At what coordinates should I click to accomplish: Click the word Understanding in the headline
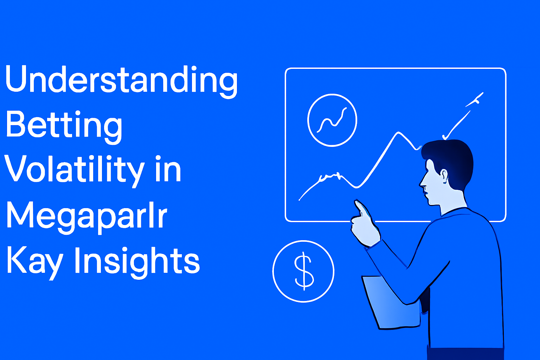(x=121, y=82)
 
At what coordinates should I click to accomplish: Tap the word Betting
(x=64, y=127)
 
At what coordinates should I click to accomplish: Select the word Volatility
(x=74, y=171)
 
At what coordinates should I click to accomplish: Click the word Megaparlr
(x=86, y=217)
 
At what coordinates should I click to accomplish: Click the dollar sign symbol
(x=304, y=271)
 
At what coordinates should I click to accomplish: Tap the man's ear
(x=444, y=176)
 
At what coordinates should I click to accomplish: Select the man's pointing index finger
(x=362, y=208)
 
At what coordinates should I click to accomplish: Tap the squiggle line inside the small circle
(x=332, y=120)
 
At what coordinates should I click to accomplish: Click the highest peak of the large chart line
(x=398, y=132)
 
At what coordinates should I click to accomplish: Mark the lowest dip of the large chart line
(x=356, y=187)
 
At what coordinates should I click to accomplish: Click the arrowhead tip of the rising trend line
(x=483, y=92)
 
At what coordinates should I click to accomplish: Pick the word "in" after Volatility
(x=168, y=168)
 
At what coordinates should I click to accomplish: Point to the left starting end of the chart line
(x=300, y=200)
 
